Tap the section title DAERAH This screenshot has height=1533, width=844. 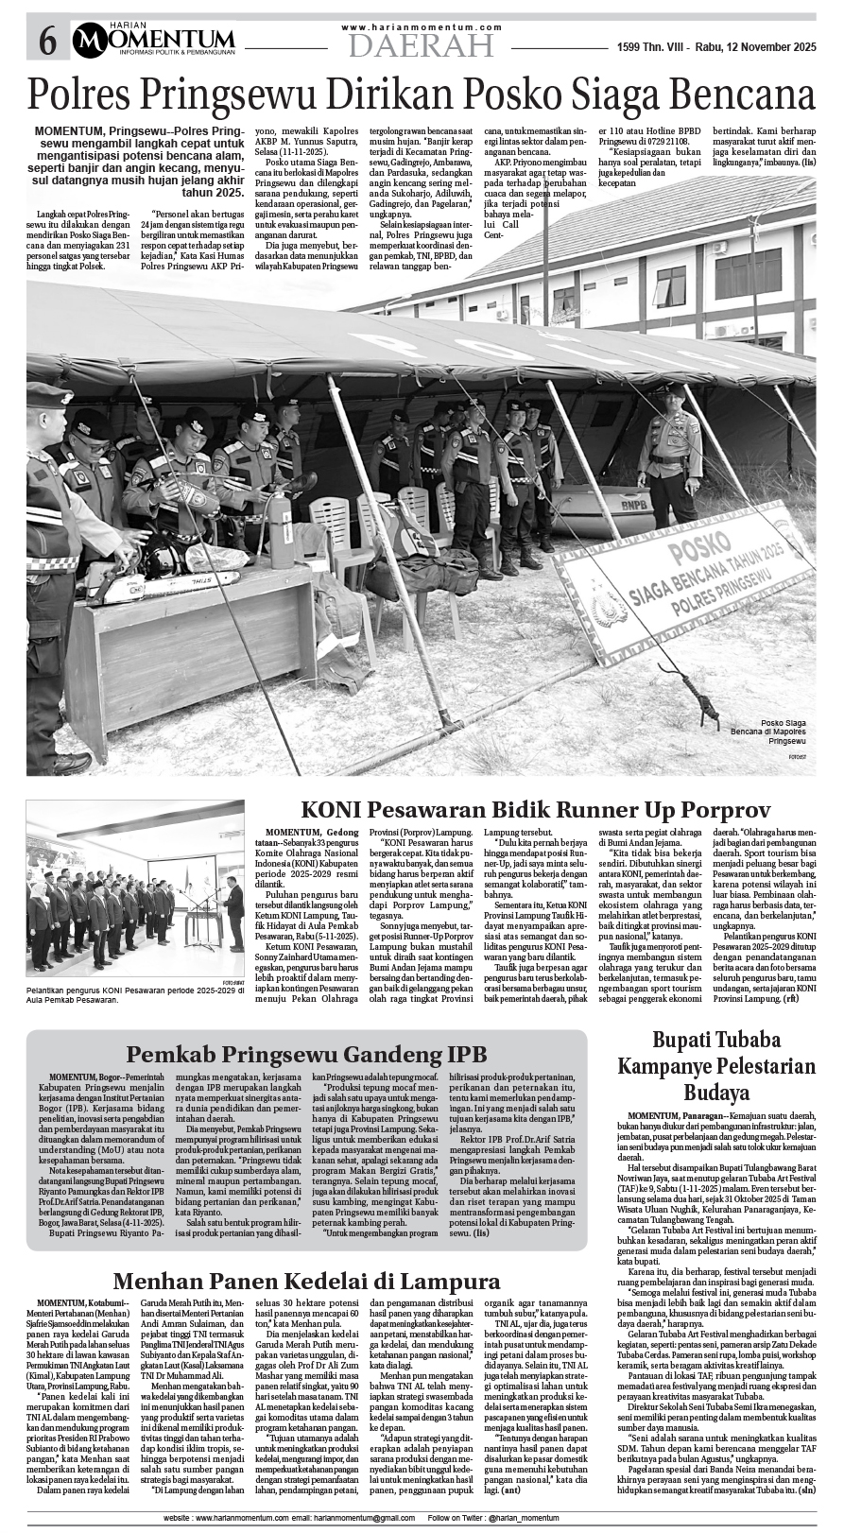click(x=421, y=44)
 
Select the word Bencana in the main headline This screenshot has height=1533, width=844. click(x=736, y=96)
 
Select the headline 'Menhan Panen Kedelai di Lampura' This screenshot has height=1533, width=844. click(x=306, y=1281)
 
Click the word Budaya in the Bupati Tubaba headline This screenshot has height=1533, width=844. click(x=716, y=1093)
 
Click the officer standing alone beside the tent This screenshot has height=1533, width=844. click(x=675, y=454)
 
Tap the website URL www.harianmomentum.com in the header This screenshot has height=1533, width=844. click(x=422, y=27)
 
